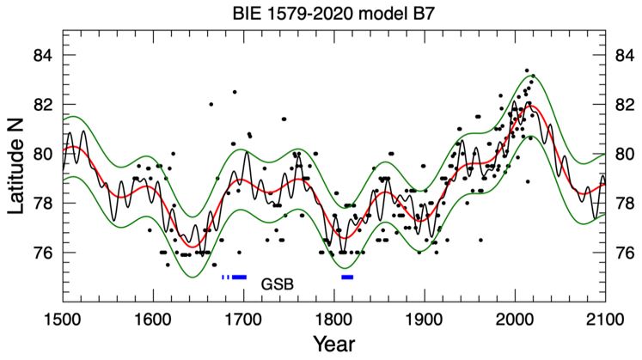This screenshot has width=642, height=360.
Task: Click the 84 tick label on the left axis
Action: tap(44, 56)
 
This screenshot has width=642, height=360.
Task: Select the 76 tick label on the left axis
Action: tap(44, 253)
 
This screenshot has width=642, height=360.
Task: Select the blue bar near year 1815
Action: tap(347, 277)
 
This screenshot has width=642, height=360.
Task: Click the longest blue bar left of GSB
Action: tap(240, 277)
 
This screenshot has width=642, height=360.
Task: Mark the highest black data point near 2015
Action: tap(527, 71)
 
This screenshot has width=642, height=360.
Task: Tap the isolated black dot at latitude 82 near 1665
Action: tap(211, 105)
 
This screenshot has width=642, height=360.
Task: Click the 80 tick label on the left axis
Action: tap(44, 155)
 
